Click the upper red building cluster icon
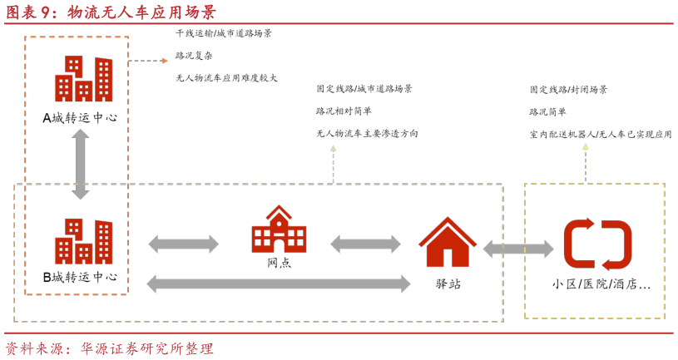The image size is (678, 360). coord(83,79)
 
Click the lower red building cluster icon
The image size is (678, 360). coord(83,241)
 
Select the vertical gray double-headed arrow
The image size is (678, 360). coord(80,164)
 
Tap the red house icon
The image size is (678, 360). coord(448,243)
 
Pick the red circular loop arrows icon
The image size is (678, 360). coord(597,244)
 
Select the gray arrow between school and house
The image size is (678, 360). coord(365,244)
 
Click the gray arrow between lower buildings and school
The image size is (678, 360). coord(183,244)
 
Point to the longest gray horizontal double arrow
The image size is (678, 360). coord(278,284)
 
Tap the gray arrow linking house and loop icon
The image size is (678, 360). coord(517,249)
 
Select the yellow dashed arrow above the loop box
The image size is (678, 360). coord(585,161)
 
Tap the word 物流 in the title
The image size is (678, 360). coord(83,12)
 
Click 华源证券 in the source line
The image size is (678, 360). coord(109,348)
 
